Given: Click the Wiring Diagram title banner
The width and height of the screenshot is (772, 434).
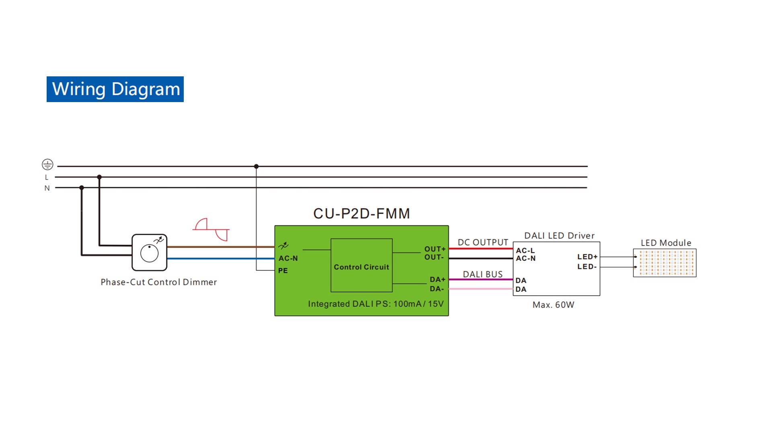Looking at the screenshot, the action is (115, 89).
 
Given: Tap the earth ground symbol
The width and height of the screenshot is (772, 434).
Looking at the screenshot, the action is (47, 164).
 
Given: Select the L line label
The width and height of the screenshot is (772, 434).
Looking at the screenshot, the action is (47, 177).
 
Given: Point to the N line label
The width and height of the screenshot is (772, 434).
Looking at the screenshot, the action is (47, 188).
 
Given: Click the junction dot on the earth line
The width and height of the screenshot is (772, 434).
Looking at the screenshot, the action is (256, 166).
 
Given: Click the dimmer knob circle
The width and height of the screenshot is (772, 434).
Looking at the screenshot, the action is (149, 254).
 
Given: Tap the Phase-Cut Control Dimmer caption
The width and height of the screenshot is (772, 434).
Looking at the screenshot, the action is (159, 282).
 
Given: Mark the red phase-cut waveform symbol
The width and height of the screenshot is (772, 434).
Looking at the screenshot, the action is (211, 229).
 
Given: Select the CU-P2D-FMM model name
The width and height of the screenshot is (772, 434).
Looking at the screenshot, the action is (361, 213).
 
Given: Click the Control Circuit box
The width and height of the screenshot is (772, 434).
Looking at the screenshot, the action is (361, 265).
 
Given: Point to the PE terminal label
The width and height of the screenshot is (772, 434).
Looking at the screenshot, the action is (283, 271).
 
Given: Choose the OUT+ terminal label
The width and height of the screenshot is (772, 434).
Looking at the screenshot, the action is (435, 249).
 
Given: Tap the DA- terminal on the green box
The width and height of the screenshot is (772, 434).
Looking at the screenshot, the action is (437, 289).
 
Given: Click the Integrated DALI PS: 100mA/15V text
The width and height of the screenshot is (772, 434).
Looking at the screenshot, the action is (376, 304).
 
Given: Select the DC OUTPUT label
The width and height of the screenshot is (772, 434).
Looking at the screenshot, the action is (483, 242).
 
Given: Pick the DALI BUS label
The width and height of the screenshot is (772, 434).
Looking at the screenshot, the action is (483, 274).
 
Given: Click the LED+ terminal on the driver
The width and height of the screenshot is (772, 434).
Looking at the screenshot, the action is (587, 257).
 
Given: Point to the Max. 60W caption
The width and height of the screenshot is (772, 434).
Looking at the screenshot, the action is (553, 305).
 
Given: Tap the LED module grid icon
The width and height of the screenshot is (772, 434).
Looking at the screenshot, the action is (665, 263).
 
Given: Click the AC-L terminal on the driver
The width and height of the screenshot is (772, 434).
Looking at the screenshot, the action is (526, 251).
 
